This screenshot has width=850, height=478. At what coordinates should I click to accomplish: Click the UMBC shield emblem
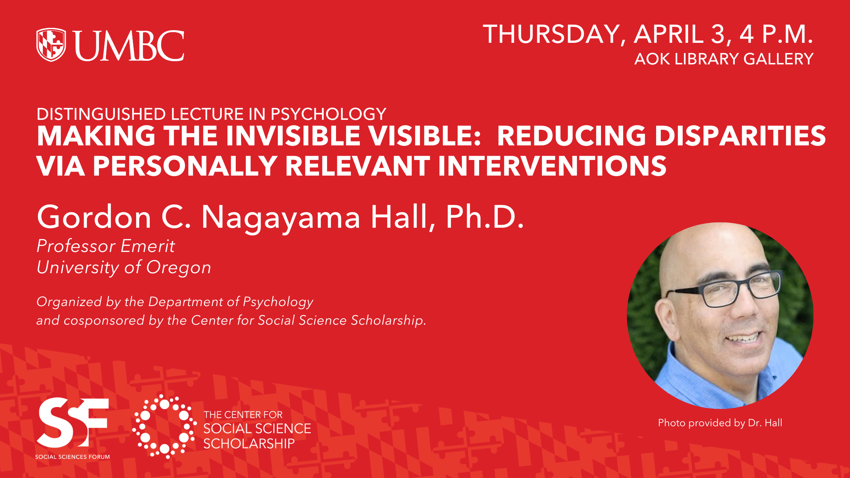[51, 45]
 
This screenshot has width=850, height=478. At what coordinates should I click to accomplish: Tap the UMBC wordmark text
[129, 45]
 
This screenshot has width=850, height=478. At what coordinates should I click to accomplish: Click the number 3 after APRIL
[718, 34]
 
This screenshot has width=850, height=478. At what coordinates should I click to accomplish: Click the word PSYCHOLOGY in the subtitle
[328, 114]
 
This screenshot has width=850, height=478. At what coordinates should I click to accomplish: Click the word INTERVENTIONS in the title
[552, 166]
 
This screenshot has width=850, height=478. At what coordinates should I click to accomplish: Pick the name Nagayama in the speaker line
[281, 218]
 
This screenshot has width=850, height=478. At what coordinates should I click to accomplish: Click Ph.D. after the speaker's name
[484, 217]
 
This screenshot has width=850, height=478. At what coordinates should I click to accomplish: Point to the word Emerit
[147, 246]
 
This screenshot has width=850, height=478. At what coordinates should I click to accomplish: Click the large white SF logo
[73, 423]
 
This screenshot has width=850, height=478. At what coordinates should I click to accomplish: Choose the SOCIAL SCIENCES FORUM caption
[72, 457]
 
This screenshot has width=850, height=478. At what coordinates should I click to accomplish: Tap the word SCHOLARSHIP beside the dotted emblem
[249, 444]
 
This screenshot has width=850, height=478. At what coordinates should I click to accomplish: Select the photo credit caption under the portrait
[720, 423]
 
